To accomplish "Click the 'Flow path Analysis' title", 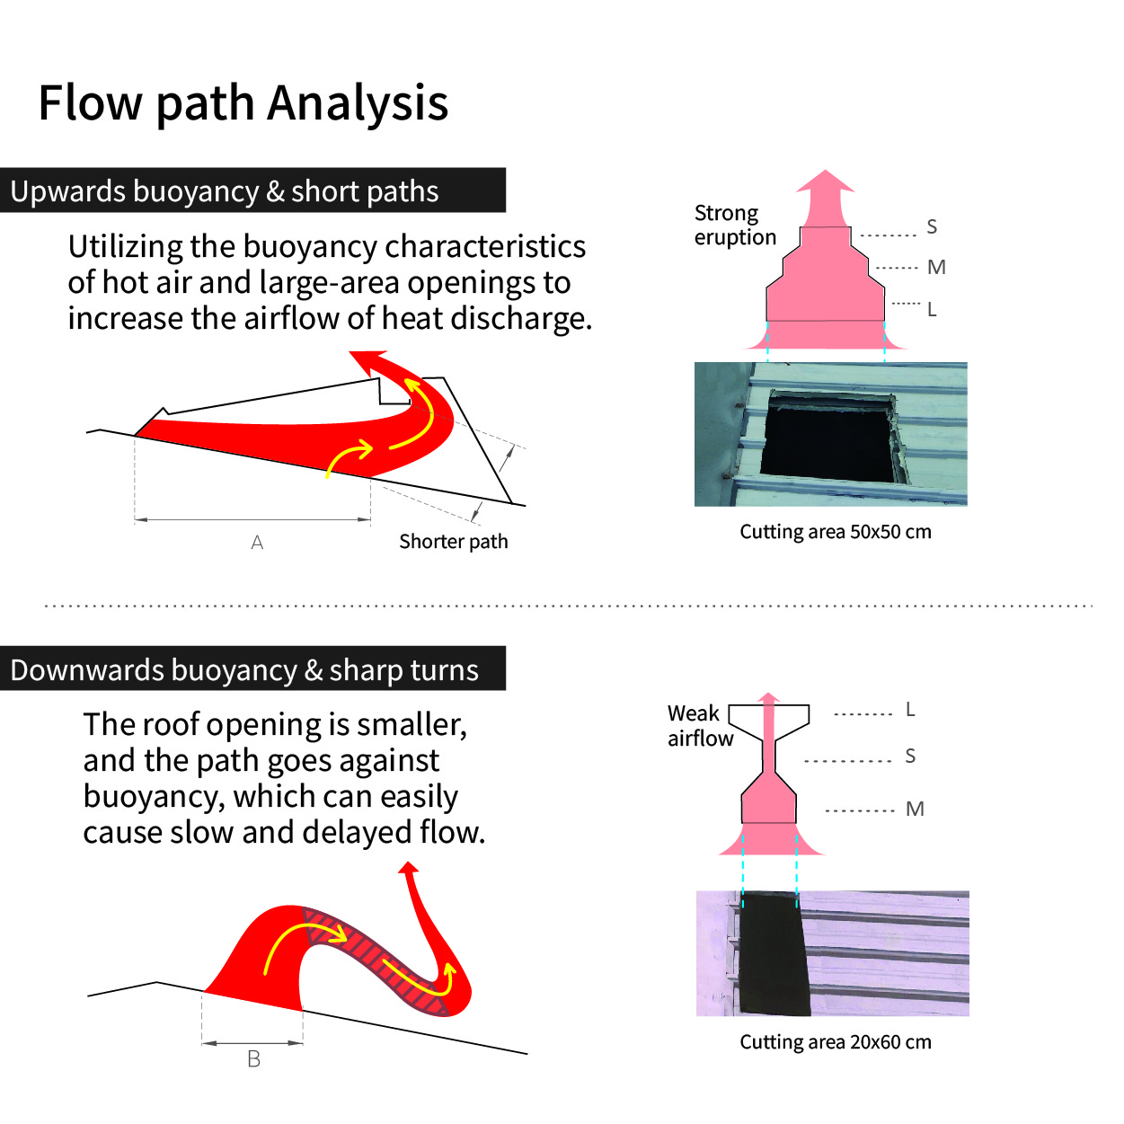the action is (x=243, y=103).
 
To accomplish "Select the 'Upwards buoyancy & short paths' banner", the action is (x=252, y=190).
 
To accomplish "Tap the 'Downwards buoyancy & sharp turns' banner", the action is (x=252, y=668).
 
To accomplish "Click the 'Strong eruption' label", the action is (x=735, y=226).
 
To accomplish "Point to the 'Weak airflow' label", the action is (x=700, y=725).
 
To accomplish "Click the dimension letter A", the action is (x=257, y=543).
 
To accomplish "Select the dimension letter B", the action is (x=253, y=1058).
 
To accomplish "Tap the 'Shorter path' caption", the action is (x=453, y=541).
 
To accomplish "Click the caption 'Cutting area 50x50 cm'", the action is (x=836, y=532).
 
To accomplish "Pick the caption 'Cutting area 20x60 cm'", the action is (x=836, y=1041).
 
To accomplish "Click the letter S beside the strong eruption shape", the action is (x=932, y=226).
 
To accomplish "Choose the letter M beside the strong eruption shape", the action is (x=936, y=267).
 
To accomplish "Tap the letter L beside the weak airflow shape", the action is (x=910, y=709).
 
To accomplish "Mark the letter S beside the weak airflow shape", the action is (x=910, y=756).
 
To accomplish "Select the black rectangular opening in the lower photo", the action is (x=774, y=953).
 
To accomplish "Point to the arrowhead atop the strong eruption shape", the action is (x=825, y=181).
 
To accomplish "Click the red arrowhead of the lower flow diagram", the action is (x=409, y=868).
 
